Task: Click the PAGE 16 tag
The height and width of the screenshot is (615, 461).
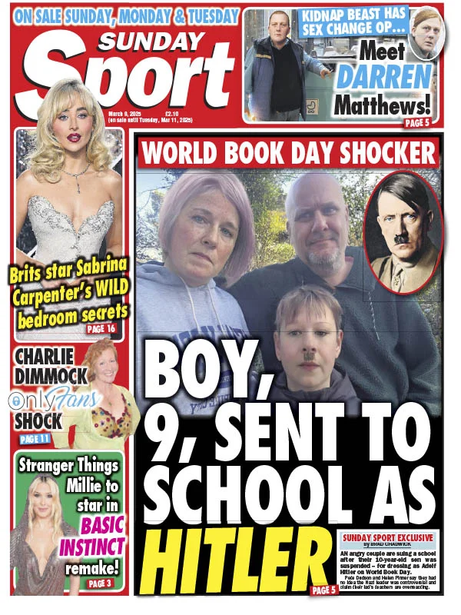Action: click(101, 329)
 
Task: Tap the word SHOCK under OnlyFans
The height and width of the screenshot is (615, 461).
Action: click(38, 421)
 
